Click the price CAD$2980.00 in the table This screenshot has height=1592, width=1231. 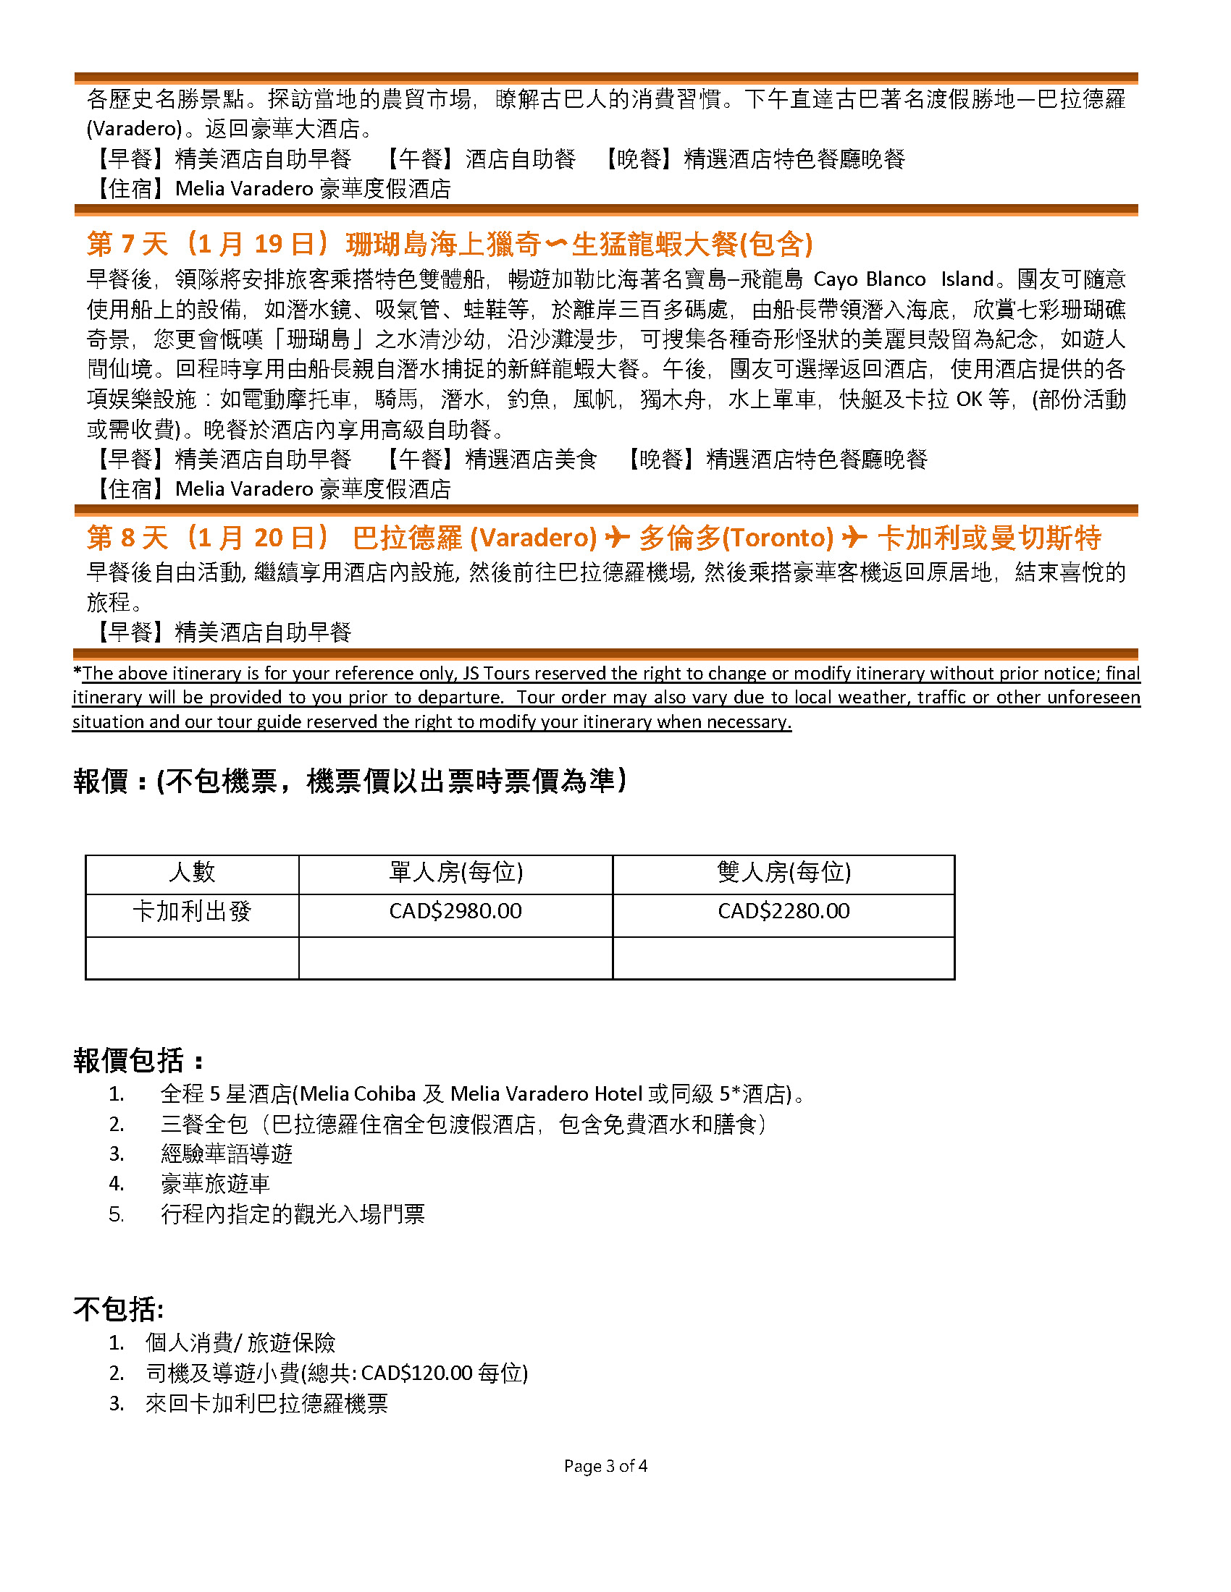click(455, 911)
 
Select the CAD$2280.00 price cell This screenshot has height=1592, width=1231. click(783, 911)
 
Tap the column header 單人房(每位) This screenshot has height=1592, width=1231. click(455, 872)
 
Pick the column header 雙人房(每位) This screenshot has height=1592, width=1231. click(783, 872)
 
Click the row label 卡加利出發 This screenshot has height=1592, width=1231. click(192, 911)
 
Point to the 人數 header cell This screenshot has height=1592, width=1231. click(192, 872)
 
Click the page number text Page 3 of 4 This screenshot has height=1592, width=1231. click(605, 1466)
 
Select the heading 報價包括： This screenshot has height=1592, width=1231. click(138, 1061)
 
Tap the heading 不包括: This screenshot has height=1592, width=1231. click(118, 1309)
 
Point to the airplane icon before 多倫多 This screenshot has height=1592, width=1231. click(618, 538)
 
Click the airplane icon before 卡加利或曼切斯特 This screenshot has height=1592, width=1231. click(854, 538)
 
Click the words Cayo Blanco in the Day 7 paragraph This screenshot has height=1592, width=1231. click(869, 279)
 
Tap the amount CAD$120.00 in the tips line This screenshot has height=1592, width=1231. click(416, 1373)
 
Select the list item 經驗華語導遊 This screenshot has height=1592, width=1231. click(226, 1154)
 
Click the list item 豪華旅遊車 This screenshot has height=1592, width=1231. click(215, 1184)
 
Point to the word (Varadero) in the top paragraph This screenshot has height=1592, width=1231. click(134, 129)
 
